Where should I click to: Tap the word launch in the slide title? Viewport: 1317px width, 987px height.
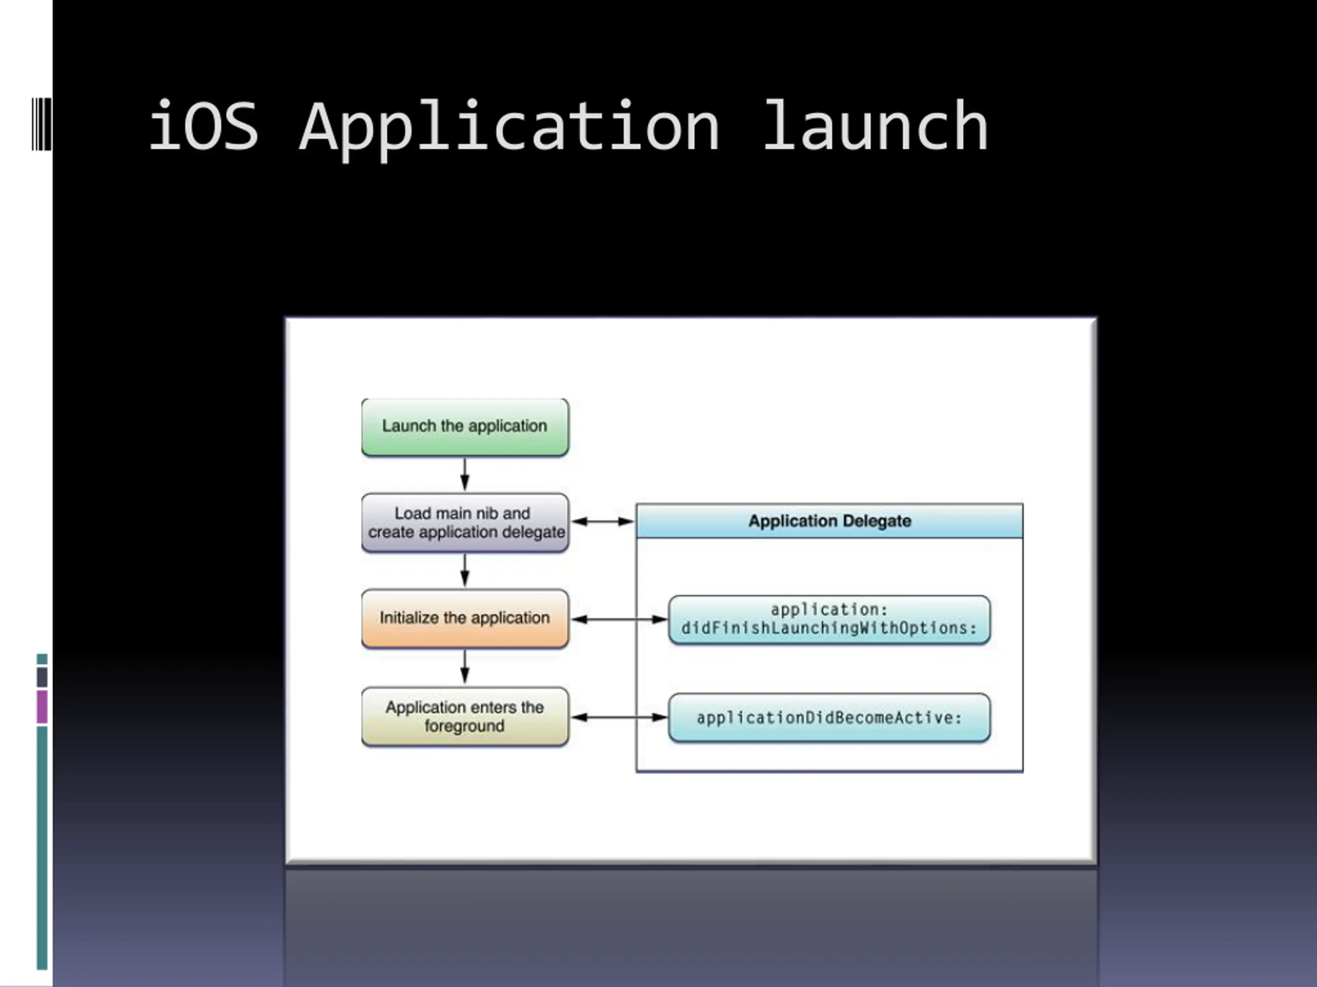(875, 126)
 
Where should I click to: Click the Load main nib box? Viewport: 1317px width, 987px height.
(465, 522)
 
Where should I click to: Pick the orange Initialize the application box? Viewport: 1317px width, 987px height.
(465, 618)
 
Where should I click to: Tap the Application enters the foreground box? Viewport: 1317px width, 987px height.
(465, 716)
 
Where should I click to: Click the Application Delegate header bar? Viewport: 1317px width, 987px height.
(829, 521)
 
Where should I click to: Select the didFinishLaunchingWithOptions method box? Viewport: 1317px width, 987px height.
(829, 619)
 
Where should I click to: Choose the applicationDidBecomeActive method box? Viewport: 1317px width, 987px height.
(829, 718)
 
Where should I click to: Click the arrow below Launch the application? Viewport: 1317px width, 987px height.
(465, 474)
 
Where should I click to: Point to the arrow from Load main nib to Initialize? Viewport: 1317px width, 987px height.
(465, 570)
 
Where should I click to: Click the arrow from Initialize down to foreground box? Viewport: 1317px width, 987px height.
(465, 666)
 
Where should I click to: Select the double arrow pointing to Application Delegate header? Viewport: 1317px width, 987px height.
(602, 522)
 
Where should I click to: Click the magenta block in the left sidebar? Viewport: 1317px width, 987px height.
(42, 707)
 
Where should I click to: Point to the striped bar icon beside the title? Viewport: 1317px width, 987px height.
(41, 124)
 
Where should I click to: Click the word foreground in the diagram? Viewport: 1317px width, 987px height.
(465, 726)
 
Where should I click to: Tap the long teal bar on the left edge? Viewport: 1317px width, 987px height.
(42, 848)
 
